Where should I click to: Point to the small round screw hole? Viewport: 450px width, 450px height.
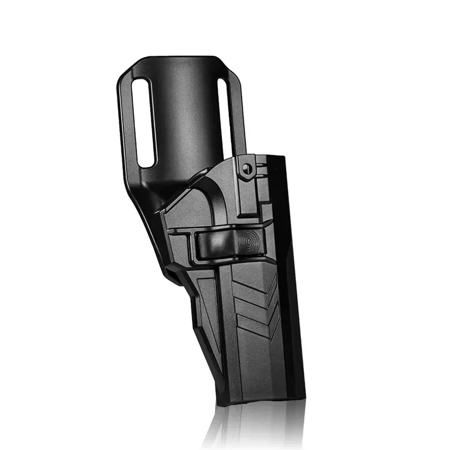246,166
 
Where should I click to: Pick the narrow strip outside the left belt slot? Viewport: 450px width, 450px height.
128,124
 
